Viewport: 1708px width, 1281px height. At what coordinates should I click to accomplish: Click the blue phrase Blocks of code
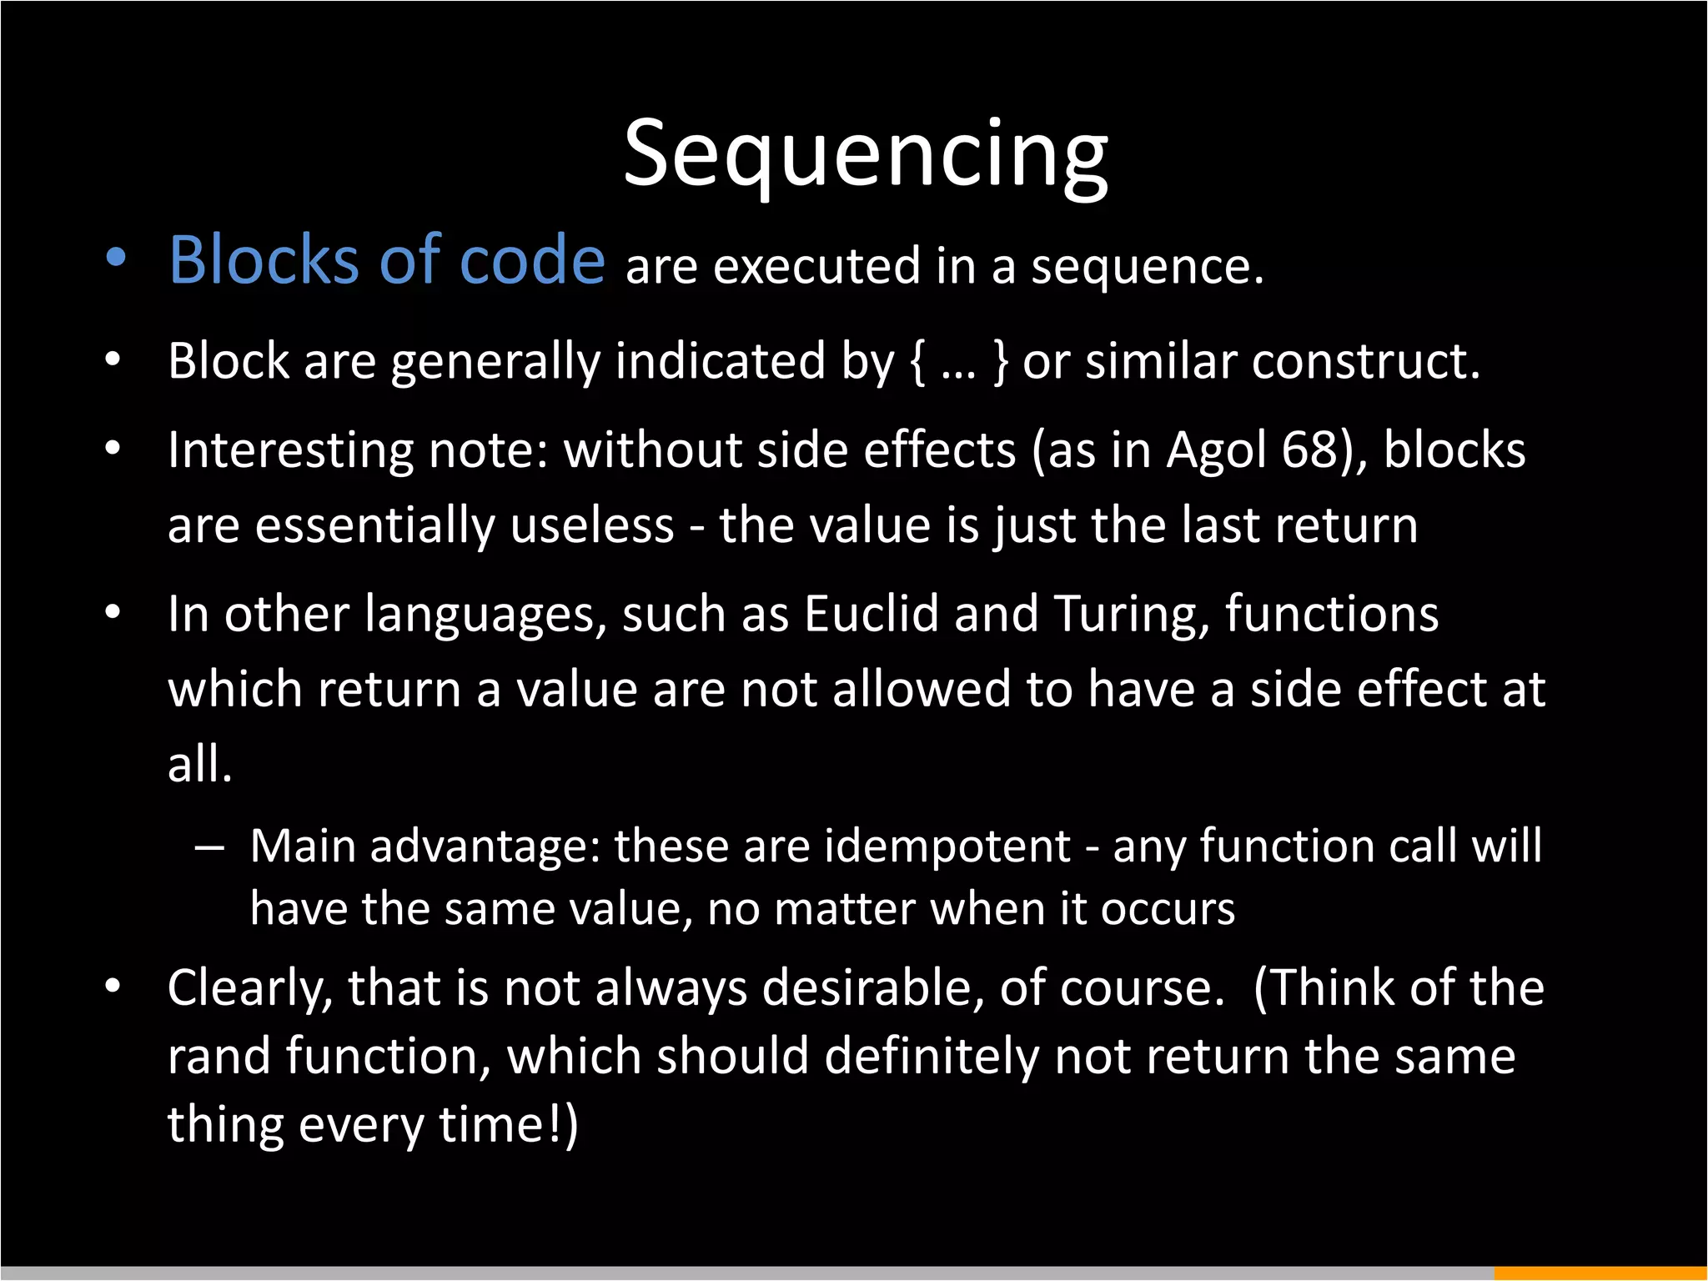click(x=387, y=261)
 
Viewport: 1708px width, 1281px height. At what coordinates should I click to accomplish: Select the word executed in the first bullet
click(x=816, y=267)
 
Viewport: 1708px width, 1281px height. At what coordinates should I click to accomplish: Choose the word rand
click(x=219, y=1057)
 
